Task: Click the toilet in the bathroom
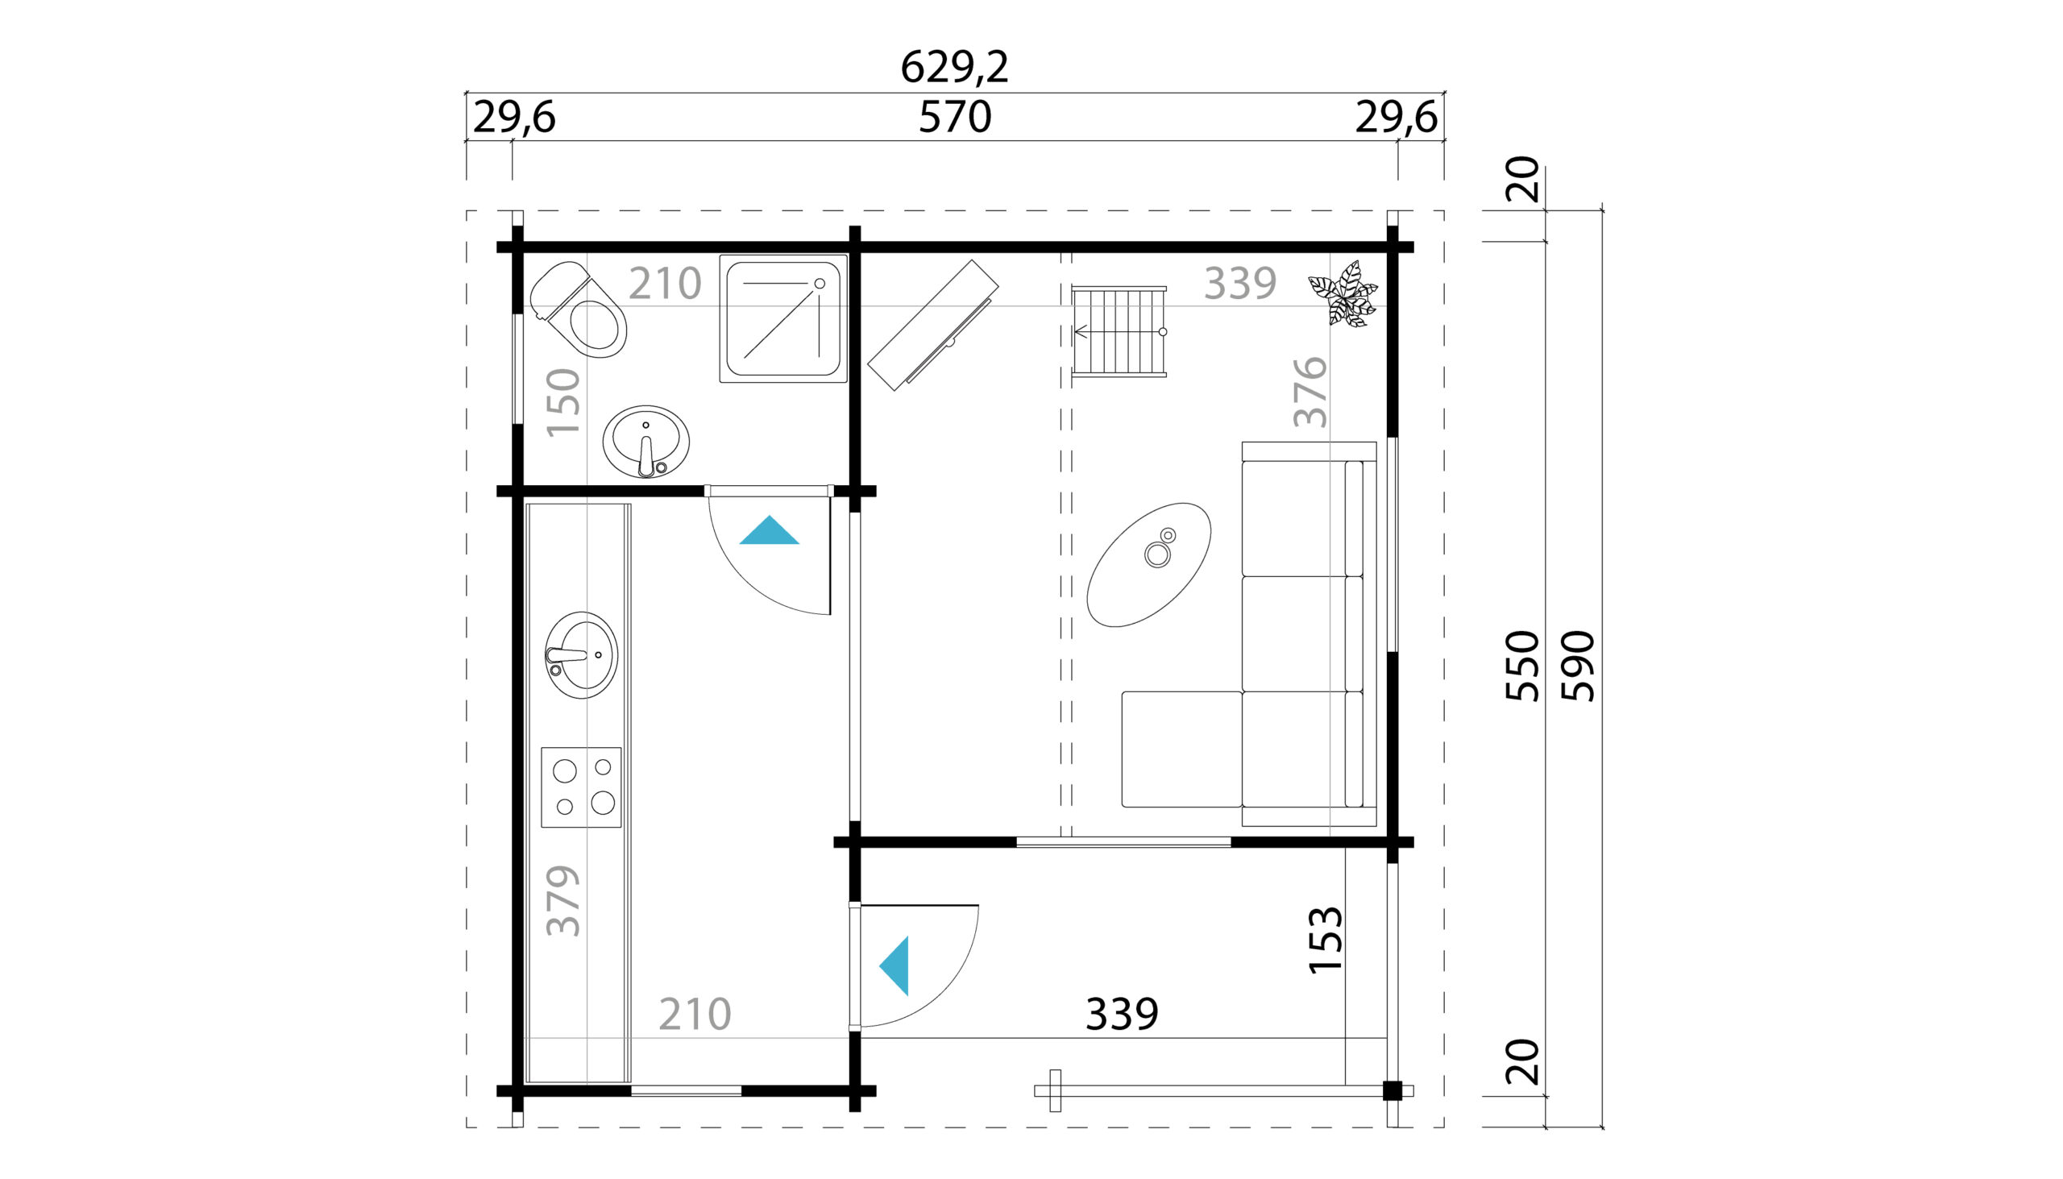(578, 309)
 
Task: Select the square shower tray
(783, 319)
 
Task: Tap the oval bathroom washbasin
(646, 442)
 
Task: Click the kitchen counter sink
(580, 655)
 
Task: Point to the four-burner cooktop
(581, 787)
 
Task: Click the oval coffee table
(1149, 564)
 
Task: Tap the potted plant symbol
(1343, 294)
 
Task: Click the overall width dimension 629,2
(955, 67)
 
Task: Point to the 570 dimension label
(955, 118)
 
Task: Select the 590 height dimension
(1577, 666)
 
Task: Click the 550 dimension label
(1521, 666)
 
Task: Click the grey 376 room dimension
(1310, 392)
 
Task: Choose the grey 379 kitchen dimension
(562, 900)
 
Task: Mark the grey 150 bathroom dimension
(562, 402)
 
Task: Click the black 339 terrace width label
(1123, 1014)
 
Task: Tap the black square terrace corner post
(1392, 1090)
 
